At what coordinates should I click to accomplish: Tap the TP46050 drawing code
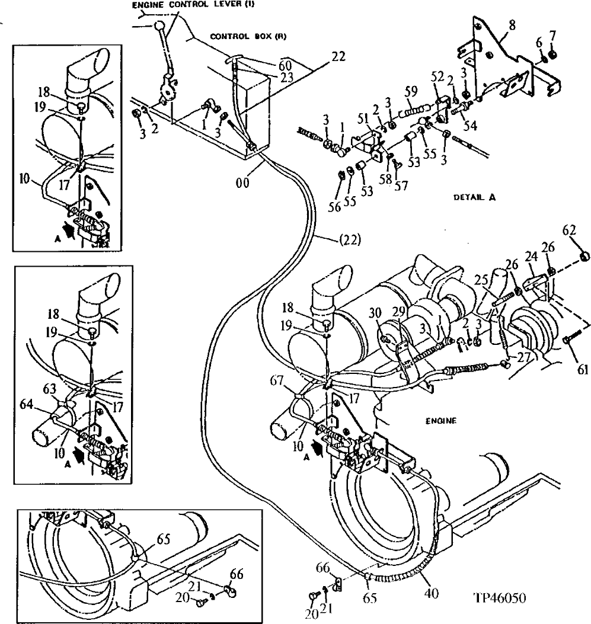pos(499,599)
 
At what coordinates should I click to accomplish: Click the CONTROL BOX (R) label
pos(248,37)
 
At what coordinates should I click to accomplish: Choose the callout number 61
pos(583,370)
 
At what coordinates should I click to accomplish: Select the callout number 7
pos(552,36)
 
